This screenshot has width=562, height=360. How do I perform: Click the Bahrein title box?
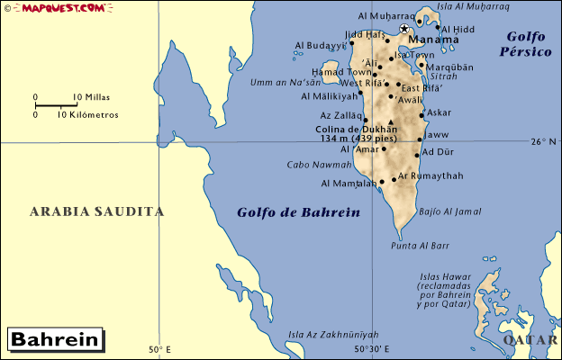pyautogui.click(x=55, y=340)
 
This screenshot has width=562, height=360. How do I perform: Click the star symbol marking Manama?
pyautogui.click(x=403, y=29)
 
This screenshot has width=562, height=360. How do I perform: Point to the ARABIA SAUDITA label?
pyautogui.click(x=97, y=212)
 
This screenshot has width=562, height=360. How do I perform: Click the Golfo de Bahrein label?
pyautogui.click(x=298, y=213)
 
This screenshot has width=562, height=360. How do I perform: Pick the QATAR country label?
pyautogui.click(x=532, y=340)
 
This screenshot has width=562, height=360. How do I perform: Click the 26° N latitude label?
pyautogui.click(x=544, y=141)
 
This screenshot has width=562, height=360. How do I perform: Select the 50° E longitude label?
pyautogui.click(x=159, y=350)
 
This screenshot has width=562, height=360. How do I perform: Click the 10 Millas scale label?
pyautogui.click(x=90, y=96)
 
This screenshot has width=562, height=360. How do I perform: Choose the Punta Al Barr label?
pyautogui.click(x=420, y=245)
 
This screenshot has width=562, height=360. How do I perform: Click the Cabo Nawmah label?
pyautogui.click(x=319, y=165)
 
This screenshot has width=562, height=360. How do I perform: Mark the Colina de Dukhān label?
pyautogui.click(x=357, y=129)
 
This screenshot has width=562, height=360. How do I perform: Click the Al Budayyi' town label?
pyautogui.click(x=320, y=45)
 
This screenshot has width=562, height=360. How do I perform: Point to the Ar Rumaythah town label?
pyautogui.click(x=431, y=175)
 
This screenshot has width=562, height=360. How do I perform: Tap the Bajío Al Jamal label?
pyautogui.click(x=450, y=211)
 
